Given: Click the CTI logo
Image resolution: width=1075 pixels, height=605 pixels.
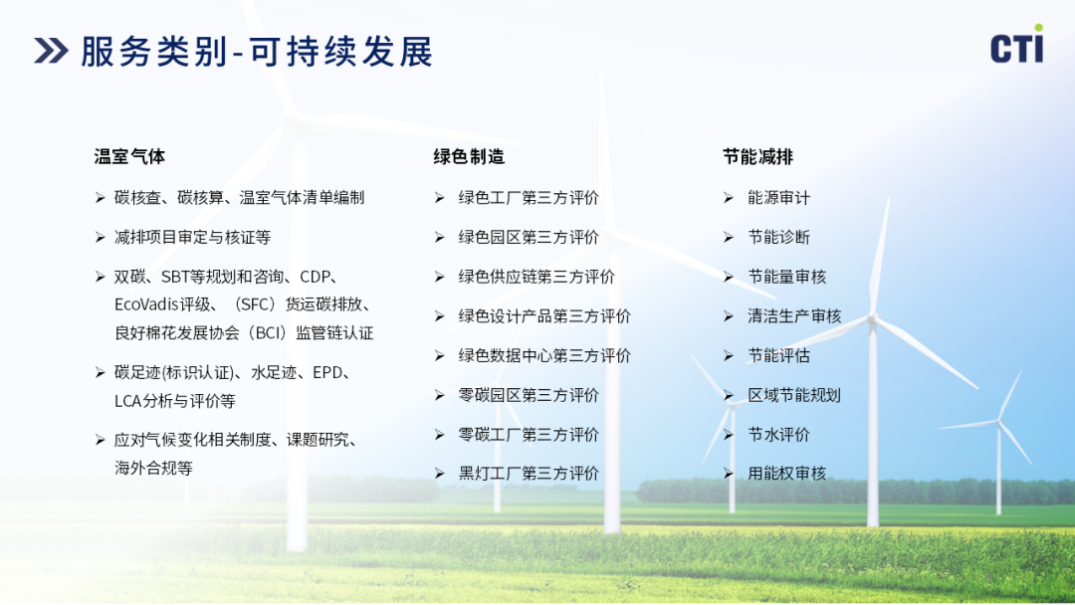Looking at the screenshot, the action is (x=1017, y=45).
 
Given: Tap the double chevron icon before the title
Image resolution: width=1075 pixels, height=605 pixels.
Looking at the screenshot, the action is (x=51, y=52).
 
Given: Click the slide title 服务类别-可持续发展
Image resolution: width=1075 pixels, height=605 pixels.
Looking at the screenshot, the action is (x=257, y=52).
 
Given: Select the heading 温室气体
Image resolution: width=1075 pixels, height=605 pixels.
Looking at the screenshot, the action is (x=129, y=157).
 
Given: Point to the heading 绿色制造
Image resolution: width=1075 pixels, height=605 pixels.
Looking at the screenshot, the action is (x=469, y=157).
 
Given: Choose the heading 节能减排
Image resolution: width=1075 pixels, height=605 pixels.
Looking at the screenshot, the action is (x=757, y=157).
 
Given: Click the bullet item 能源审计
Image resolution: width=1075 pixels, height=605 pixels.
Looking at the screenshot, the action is (x=778, y=198).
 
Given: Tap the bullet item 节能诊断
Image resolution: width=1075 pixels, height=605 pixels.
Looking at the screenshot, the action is (x=778, y=237).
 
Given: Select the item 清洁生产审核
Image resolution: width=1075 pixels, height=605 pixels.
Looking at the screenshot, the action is (x=794, y=315).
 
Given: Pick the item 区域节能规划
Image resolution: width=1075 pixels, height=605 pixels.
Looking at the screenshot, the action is (x=794, y=395).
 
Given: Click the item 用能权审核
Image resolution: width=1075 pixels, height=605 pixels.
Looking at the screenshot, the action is (x=786, y=474).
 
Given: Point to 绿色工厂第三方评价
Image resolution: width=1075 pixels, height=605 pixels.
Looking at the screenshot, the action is (x=529, y=198).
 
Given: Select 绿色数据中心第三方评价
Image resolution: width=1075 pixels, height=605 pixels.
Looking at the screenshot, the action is (x=544, y=355).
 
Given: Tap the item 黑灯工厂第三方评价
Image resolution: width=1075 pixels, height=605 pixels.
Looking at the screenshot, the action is (x=529, y=474).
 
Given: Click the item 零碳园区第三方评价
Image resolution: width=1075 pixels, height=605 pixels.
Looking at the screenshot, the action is (x=529, y=395).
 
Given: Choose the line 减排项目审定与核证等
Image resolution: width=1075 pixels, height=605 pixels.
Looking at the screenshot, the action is (x=193, y=237).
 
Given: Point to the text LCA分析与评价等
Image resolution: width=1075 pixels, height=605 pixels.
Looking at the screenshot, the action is (x=175, y=401).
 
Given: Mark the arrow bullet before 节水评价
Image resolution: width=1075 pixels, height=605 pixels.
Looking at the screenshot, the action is (x=728, y=435).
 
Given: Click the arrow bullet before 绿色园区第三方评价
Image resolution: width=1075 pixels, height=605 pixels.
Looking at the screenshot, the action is (x=440, y=237).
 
